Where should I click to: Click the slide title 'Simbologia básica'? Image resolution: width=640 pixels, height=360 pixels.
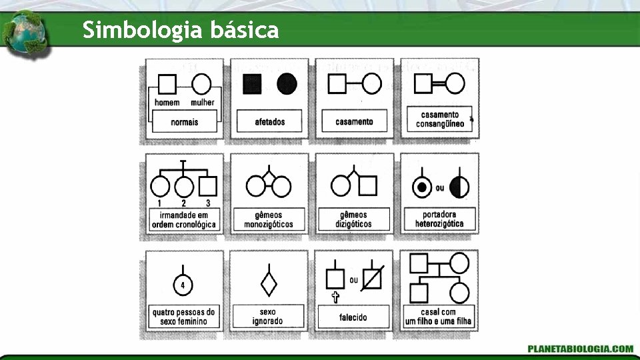point(181,30)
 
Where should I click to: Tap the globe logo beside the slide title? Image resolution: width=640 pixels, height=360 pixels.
point(24,33)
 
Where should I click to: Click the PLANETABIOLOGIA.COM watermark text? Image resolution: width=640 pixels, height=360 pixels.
point(580,348)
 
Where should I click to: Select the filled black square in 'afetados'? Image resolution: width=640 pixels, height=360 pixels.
point(252,84)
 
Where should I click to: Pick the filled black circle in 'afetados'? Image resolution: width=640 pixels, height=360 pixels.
point(287,84)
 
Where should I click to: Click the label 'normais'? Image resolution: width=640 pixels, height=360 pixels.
point(184,122)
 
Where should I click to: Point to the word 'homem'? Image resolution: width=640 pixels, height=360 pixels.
point(167,103)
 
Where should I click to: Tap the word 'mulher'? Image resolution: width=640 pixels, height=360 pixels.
point(202,103)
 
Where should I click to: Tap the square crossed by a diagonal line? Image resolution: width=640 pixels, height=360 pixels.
point(372,278)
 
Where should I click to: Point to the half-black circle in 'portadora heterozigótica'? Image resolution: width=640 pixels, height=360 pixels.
point(459,188)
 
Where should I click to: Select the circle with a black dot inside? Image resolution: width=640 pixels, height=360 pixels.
point(421,188)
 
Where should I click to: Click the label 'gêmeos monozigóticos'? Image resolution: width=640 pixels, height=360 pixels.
point(269,219)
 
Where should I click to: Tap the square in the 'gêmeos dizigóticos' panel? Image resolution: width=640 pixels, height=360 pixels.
point(368,186)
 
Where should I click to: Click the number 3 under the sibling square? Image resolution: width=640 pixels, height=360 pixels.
point(208,203)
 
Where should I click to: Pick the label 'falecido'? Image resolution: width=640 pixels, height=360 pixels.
point(353,317)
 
